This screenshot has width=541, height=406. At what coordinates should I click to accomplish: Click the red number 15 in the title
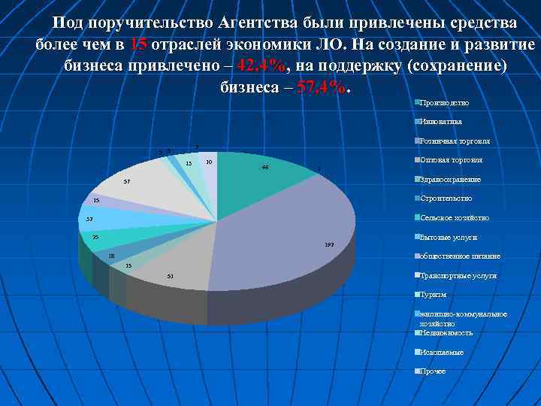tap(138, 44)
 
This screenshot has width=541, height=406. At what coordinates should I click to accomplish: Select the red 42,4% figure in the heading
tap(261, 65)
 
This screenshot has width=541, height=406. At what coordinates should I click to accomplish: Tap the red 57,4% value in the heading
tap(323, 86)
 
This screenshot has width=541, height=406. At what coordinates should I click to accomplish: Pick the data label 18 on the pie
tap(111, 256)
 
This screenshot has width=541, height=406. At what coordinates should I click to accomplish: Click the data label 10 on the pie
tap(208, 162)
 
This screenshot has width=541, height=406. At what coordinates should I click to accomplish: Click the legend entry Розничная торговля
tap(455, 141)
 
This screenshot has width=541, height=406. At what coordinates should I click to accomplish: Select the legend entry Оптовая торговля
tap(451, 160)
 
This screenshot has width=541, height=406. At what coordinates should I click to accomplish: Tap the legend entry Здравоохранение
tap(450, 180)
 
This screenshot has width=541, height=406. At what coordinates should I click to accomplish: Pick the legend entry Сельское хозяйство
tap(455, 218)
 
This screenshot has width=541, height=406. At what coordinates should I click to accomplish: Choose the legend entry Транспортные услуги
tap(458, 276)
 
